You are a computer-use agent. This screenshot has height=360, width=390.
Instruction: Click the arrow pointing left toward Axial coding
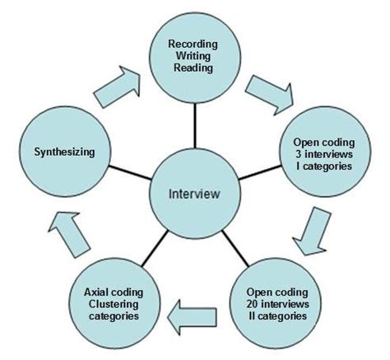[194, 311]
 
